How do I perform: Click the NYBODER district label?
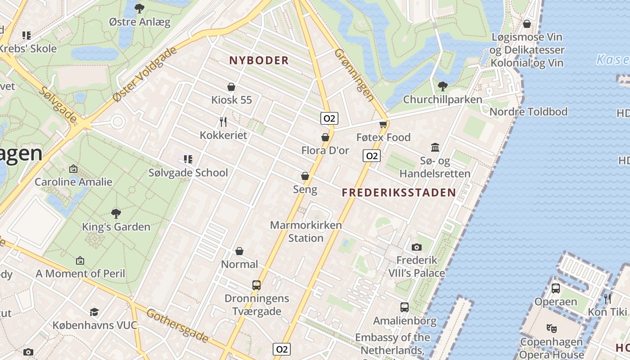coord(259,61)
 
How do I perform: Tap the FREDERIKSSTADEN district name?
coord(399,193)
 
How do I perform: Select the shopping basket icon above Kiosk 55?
coord(231,87)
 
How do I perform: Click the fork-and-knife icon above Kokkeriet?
coord(223,121)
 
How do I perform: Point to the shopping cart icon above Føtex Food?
coord(383,124)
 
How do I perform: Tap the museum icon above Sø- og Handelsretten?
coord(435,147)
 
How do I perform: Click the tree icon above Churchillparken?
coord(442,86)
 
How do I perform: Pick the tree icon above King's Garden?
coord(116,213)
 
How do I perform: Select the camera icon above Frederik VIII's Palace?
coord(417,247)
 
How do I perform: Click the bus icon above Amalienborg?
coord(405,307)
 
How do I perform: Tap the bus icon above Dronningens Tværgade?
coord(256,285)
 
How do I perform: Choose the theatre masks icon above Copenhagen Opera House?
coord(551,328)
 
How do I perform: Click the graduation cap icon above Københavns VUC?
coord(94,312)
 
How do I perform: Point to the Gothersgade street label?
coord(178,326)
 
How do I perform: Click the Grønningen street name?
coord(354,74)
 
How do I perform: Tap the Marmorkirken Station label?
coord(306,231)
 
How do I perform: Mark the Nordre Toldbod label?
coord(528,112)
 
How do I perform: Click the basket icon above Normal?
coord(239,251)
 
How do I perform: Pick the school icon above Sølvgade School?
coord(188,159)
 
